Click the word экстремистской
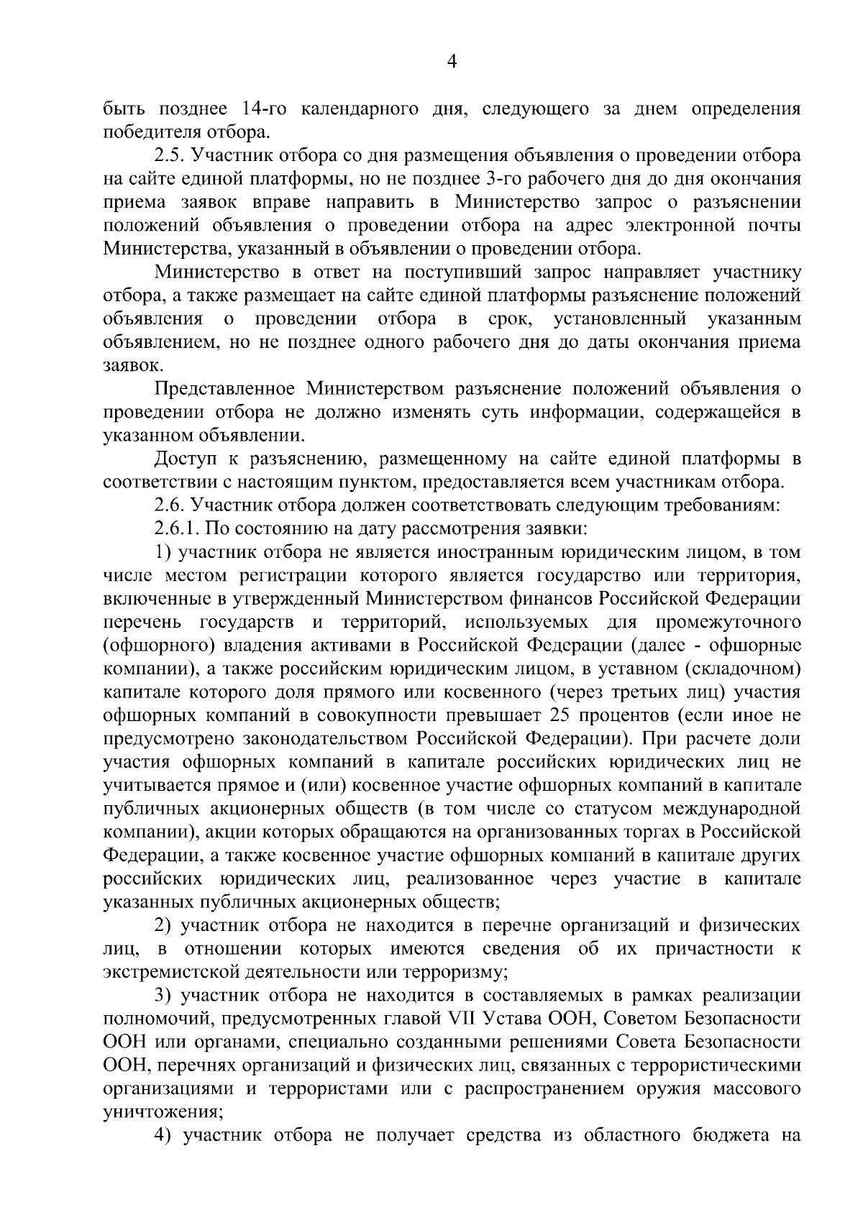click(173, 972)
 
